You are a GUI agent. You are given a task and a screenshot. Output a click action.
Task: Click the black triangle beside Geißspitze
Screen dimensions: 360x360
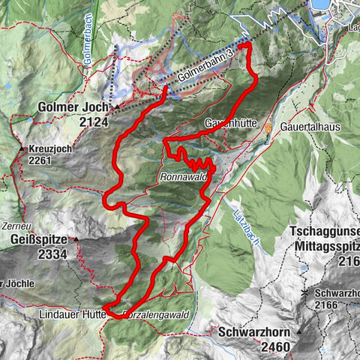(x=76, y=240)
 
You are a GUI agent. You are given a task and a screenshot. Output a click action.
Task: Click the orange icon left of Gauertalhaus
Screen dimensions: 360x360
(x=268, y=127)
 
